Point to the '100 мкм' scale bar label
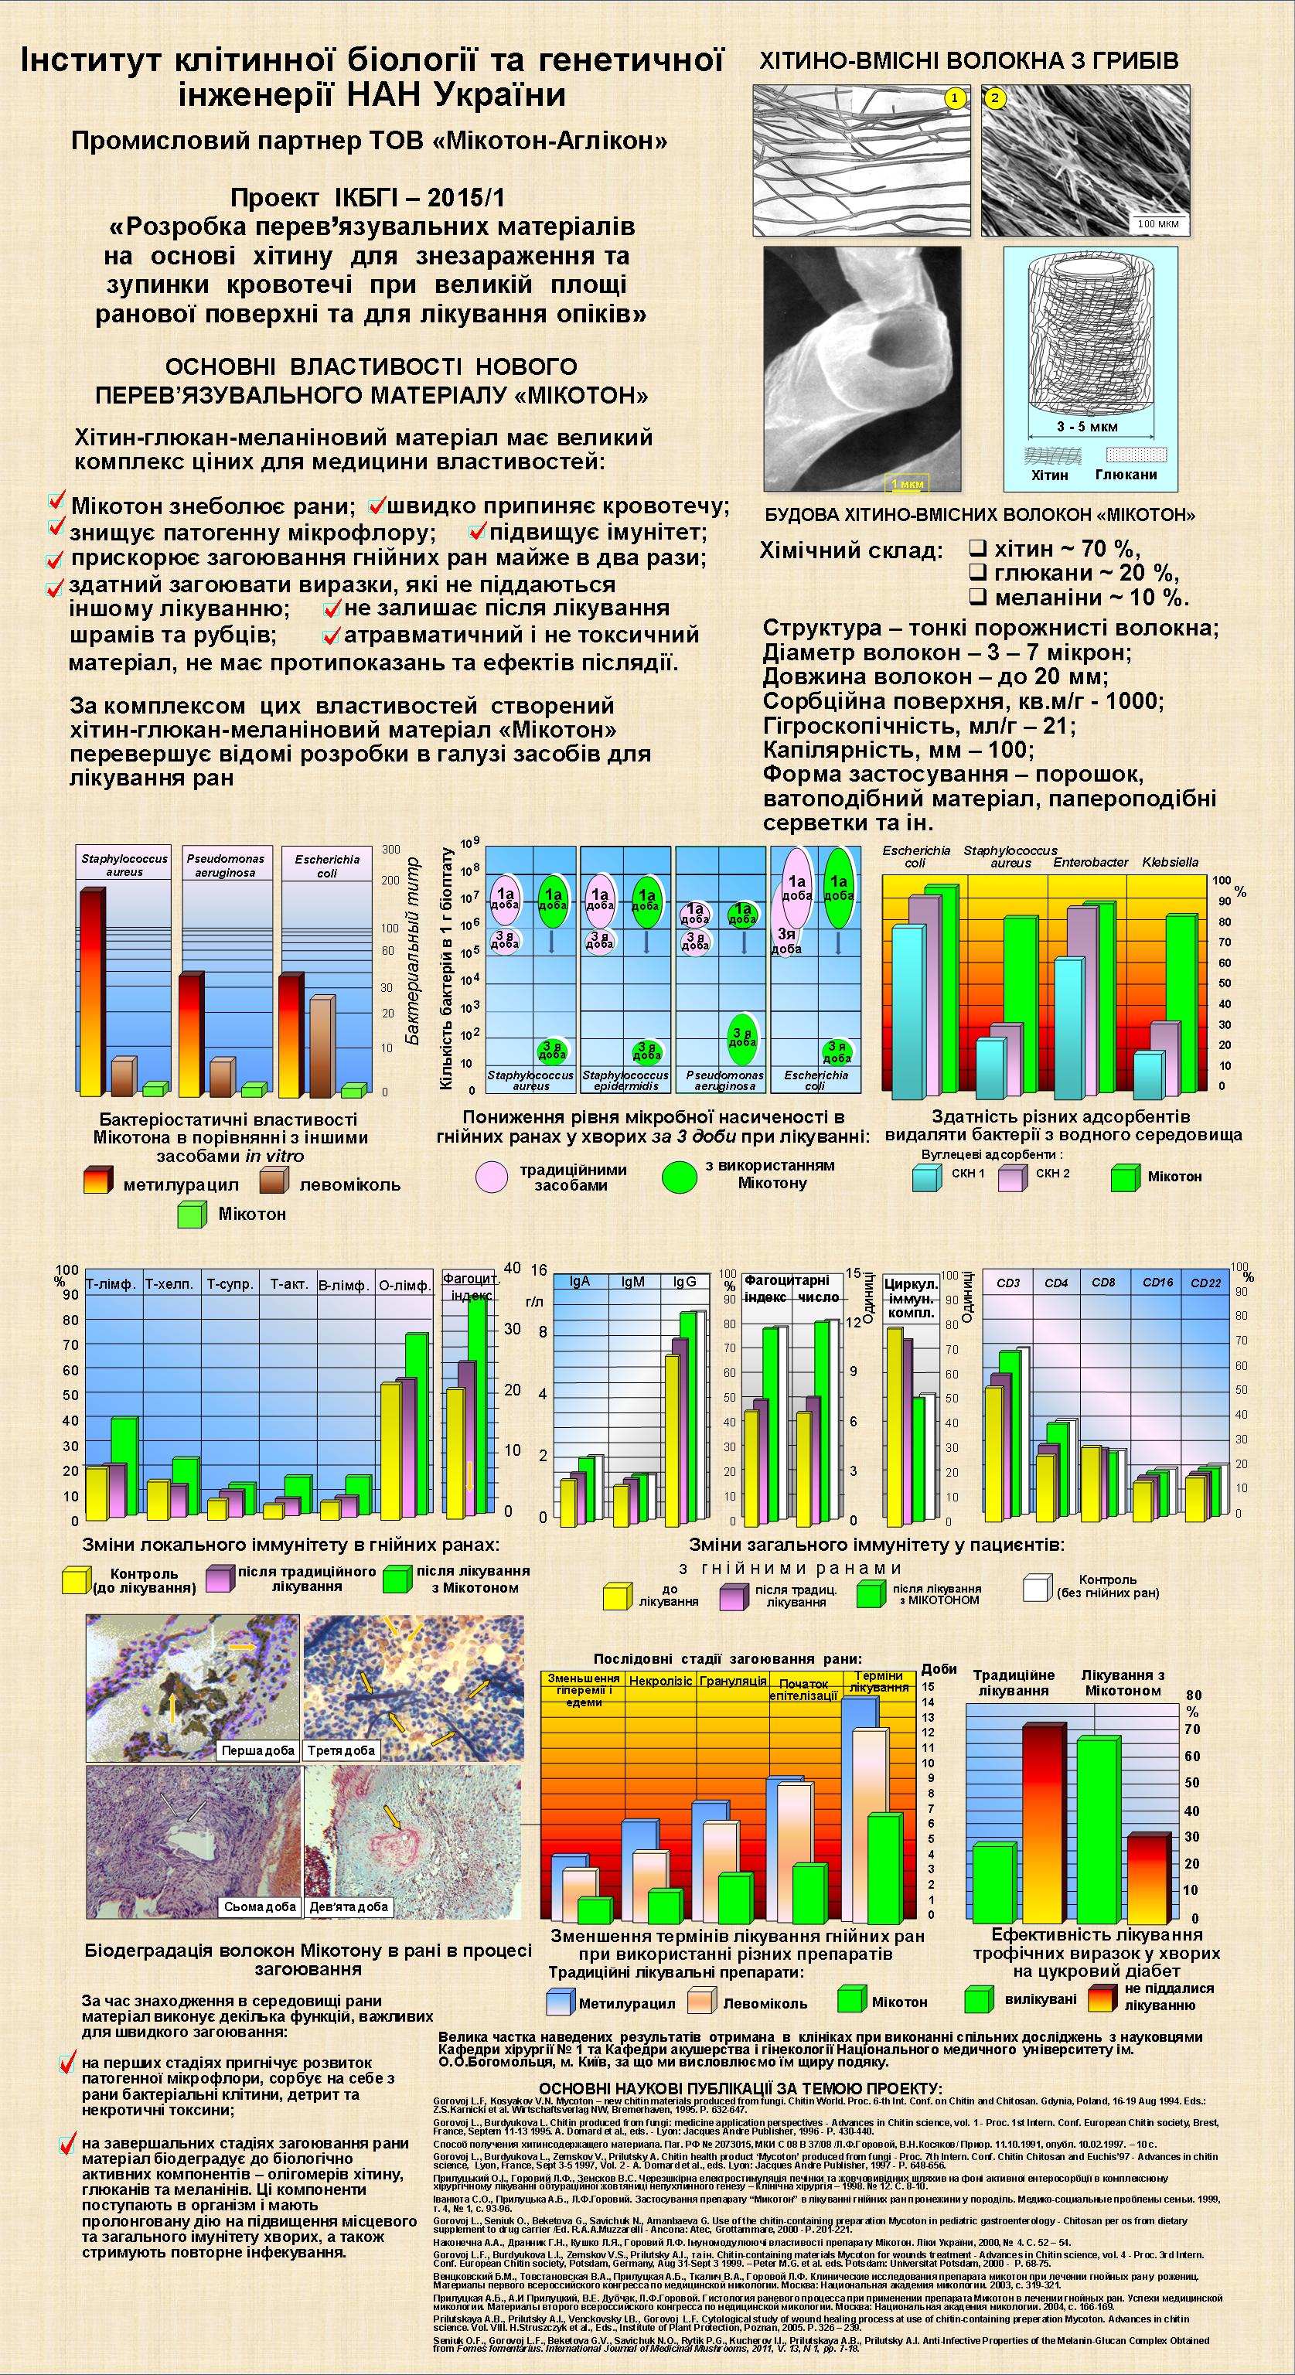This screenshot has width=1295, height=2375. [x=1157, y=224]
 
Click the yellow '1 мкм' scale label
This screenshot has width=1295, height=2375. [x=907, y=483]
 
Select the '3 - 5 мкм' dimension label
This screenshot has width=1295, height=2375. [x=1087, y=427]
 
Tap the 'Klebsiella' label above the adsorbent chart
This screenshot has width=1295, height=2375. [x=1170, y=862]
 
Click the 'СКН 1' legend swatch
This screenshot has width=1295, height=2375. [x=927, y=1177]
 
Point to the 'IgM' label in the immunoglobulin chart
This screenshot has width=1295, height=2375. [x=632, y=1282]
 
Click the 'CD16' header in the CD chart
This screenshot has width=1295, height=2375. [x=1157, y=1283]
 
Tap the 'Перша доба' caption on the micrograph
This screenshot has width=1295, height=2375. [x=258, y=1750]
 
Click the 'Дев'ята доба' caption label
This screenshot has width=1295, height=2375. [x=349, y=1906]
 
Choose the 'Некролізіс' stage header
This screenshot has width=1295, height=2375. [x=660, y=1681]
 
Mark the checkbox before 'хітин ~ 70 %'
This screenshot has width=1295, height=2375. [x=978, y=547]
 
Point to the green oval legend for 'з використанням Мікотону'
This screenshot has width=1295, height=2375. [x=680, y=1177]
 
